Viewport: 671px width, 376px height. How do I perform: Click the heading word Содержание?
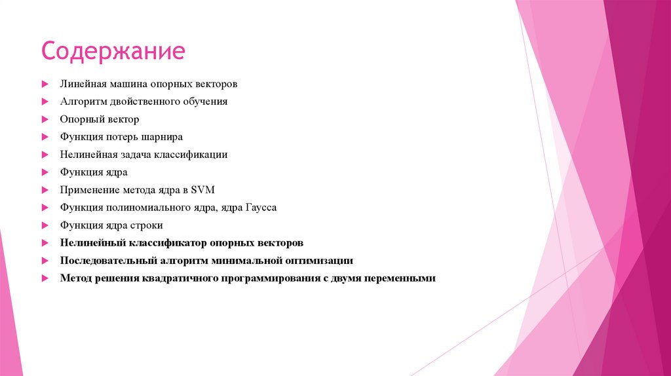113,51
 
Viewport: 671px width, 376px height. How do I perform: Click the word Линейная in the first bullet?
80,85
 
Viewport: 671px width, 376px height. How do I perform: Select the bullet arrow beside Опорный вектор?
45,120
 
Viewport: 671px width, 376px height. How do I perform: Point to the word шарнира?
163,138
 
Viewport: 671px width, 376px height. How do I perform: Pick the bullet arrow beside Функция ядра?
45,172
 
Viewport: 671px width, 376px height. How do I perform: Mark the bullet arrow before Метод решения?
45,278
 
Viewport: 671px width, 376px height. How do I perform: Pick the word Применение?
89,190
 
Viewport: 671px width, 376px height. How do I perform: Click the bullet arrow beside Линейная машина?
45,85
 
